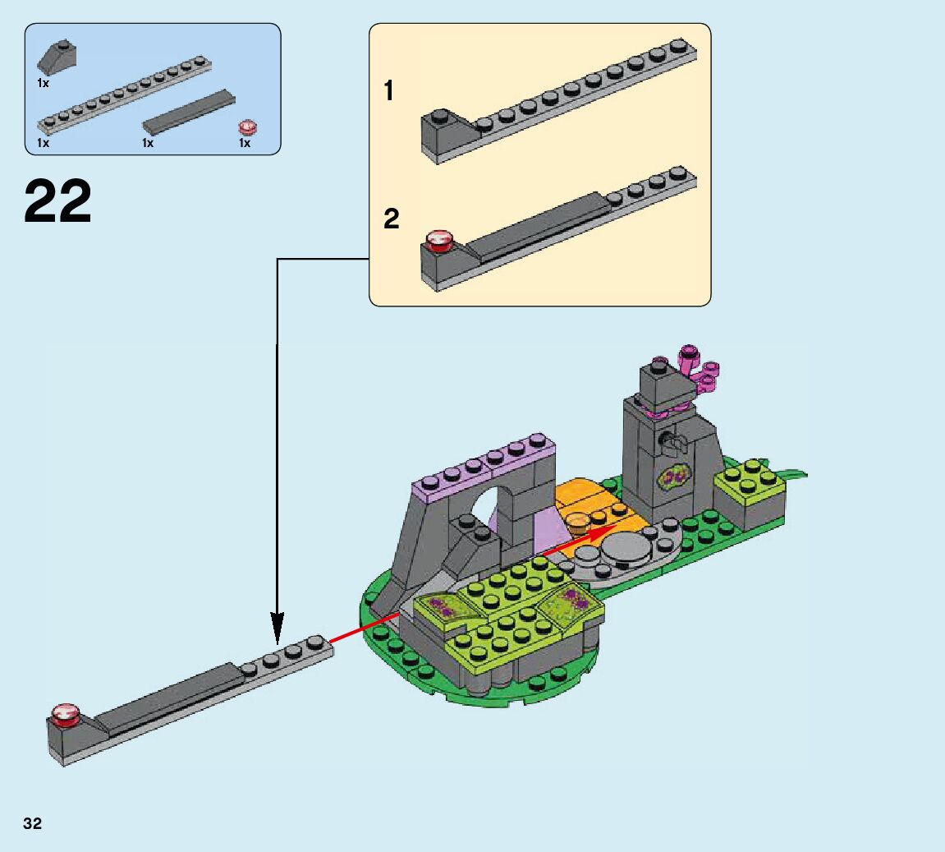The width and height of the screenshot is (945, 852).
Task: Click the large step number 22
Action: pyautogui.click(x=57, y=200)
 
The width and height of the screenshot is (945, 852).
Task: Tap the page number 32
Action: pyautogui.click(x=33, y=823)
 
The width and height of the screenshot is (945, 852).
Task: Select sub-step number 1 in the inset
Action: pyautogui.click(x=388, y=91)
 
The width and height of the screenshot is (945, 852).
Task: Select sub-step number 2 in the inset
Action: pyautogui.click(x=391, y=219)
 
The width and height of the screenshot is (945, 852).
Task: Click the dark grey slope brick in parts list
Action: pyautogui.click(x=57, y=57)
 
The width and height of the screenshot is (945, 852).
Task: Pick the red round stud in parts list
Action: pyautogui.click(x=248, y=127)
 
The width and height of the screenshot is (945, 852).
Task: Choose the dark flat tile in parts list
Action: pyautogui.click(x=189, y=112)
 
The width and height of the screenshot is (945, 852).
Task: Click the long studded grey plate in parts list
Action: pyautogui.click(x=124, y=94)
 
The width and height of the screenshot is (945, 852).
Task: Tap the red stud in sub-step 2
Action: pyautogui.click(x=439, y=239)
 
